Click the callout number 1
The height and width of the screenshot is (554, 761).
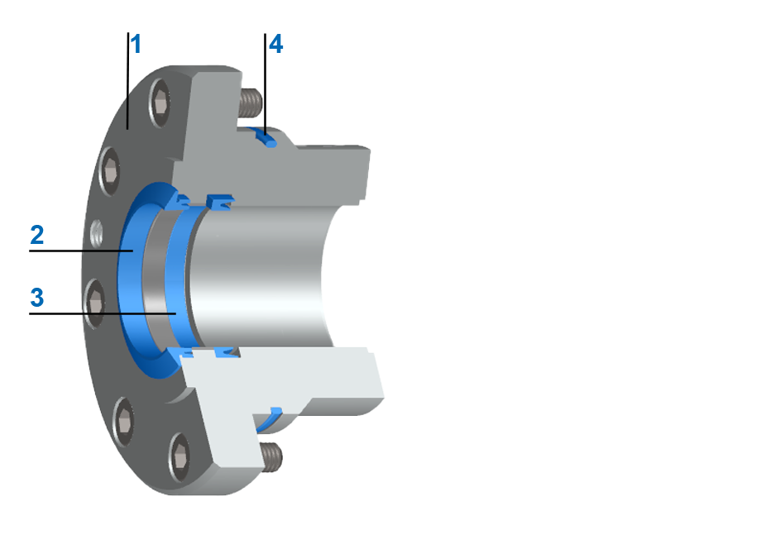[x=136, y=44]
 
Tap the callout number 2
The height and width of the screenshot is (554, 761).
[x=36, y=234]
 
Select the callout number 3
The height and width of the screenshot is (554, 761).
[x=36, y=297]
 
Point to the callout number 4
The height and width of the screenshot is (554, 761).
[x=275, y=44]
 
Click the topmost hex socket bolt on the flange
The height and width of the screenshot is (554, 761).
[x=162, y=104]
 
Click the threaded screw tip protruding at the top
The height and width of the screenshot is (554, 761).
[x=251, y=103]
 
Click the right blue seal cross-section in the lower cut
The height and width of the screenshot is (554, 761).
[x=227, y=354]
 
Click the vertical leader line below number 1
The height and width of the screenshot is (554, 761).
[x=127, y=83]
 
